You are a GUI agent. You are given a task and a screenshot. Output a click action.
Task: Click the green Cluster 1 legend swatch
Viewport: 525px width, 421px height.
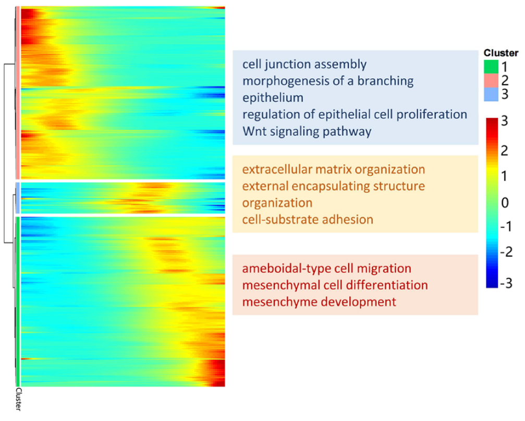point(491,66)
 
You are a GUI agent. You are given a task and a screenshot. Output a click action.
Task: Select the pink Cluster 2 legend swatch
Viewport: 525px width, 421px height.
point(491,80)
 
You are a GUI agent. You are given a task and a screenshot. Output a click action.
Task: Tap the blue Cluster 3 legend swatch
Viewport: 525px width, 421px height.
point(491,94)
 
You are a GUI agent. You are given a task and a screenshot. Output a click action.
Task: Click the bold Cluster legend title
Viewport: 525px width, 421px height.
point(501,53)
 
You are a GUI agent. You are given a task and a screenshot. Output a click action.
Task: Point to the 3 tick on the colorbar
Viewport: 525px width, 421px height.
point(504,121)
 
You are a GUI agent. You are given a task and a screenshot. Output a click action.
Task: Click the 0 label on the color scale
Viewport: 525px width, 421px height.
point(505,202)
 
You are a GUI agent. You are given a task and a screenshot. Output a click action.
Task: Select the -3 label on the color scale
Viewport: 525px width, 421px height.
point(506,283)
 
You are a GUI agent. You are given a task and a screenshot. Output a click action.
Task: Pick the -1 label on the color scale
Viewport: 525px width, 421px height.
point(506,227)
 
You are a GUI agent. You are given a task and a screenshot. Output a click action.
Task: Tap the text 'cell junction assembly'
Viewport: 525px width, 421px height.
point(304,64)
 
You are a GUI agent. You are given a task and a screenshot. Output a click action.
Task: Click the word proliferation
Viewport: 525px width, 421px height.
point(432,115)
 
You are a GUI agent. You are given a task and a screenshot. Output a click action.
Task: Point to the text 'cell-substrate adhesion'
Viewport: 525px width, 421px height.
point(308,220)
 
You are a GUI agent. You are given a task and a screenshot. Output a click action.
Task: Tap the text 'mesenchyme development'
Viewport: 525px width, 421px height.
point(319,302)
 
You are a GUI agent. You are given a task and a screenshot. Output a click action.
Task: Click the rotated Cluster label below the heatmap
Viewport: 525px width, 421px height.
point(18,399)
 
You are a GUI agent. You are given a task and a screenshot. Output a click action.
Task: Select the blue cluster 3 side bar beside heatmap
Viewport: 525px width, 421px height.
point(18,198)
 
